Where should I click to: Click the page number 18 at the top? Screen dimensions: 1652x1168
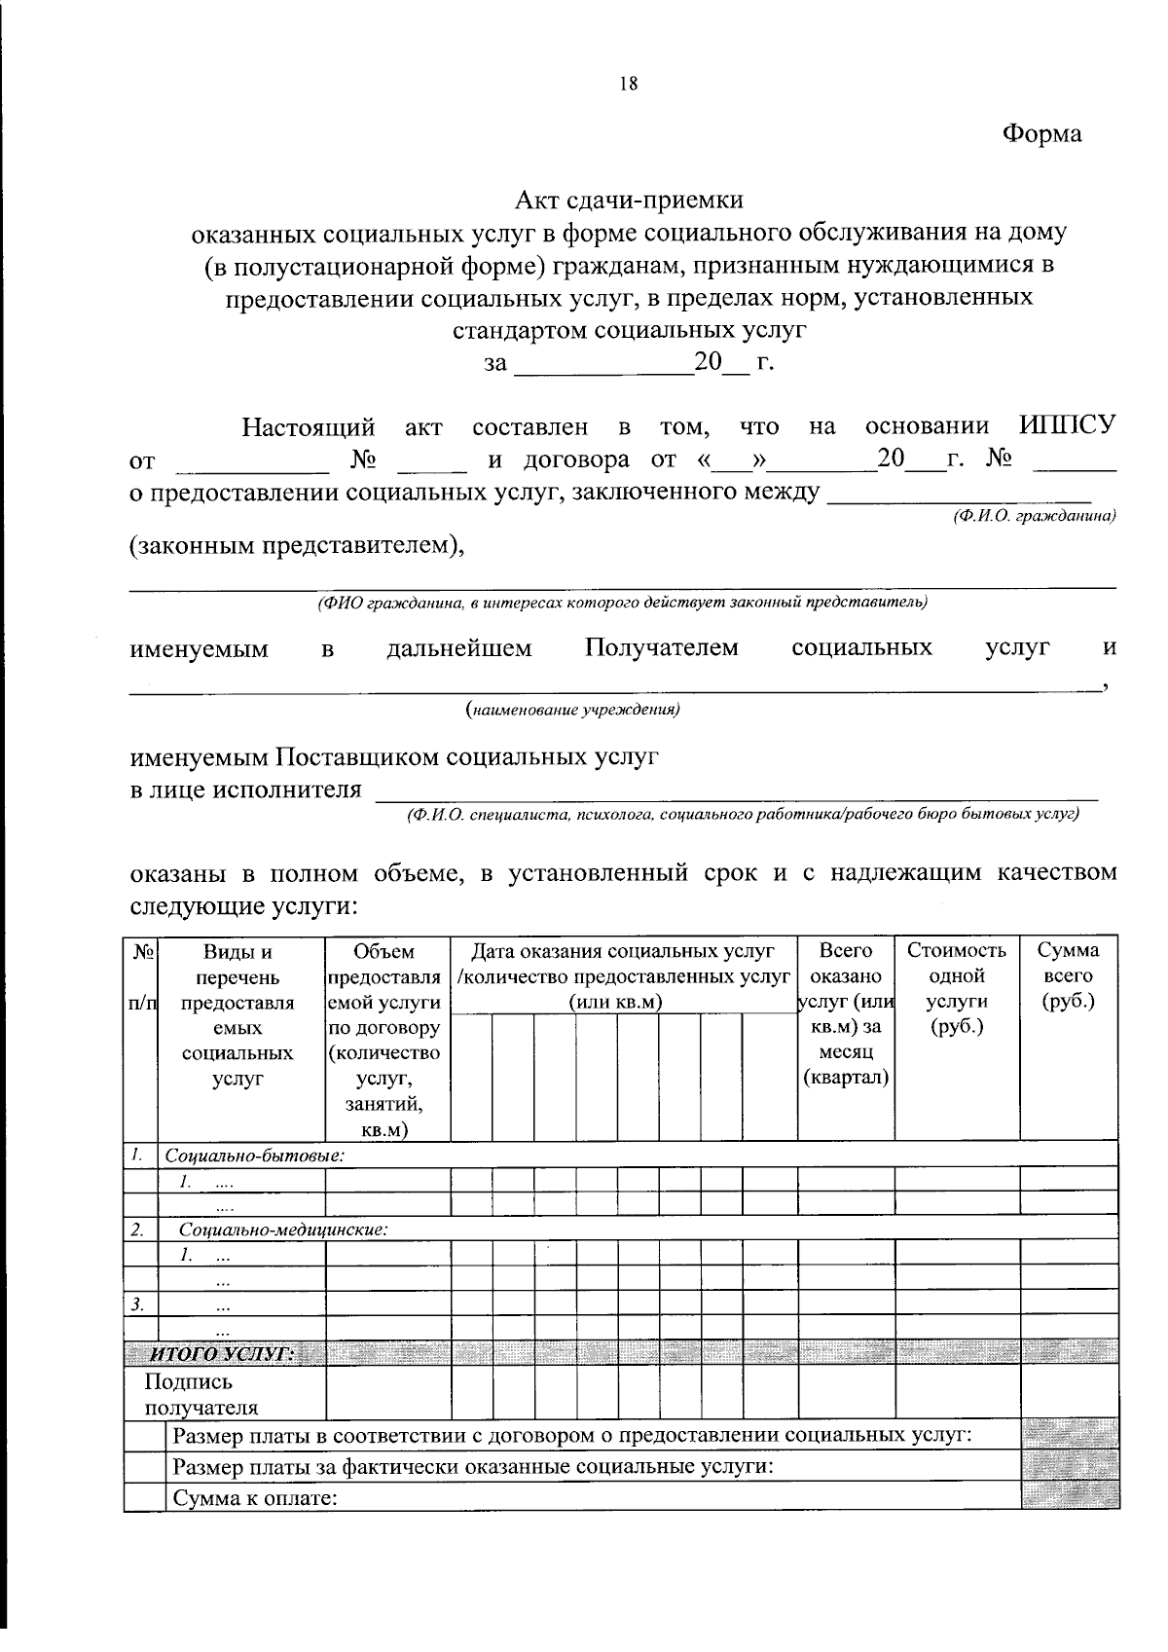pos(628,84)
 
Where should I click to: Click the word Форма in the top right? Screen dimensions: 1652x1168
pos(1041,133)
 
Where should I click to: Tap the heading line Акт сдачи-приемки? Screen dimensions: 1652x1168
pos(629,200)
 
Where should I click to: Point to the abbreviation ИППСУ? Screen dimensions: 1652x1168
pos(1067,425)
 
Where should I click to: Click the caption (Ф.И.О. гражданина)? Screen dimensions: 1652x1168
pos(1034,518)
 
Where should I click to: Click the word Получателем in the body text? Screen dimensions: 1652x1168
pos(662,647)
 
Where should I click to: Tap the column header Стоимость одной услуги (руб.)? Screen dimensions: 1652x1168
pos(956,988)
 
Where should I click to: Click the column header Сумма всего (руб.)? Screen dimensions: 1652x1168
pos(1068,975)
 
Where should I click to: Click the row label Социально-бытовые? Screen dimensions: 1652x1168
pos(255,1156)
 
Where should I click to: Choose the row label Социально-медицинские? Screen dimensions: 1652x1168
pos(283,1229)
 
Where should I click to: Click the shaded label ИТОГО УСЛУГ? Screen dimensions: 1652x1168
pos(220,1354)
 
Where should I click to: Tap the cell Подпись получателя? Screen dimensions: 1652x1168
pos(201,1394)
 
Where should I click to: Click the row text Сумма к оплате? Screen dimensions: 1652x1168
pos(255,1497)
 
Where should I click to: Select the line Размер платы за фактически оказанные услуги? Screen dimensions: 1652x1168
pos(472,1466)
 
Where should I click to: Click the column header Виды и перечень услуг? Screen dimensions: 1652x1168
pos(238,1013)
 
